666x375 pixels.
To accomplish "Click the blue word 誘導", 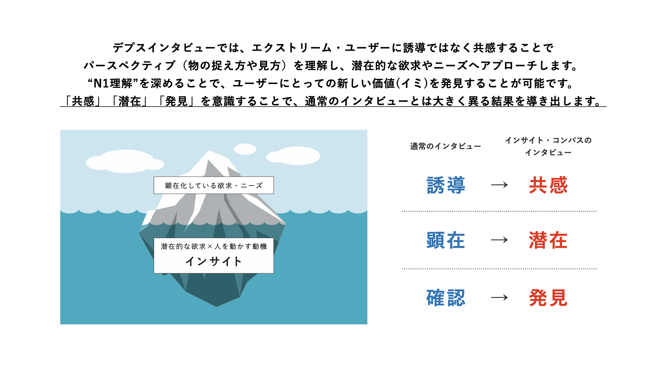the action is click(x=446, y=185).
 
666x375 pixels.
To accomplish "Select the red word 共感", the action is click(x=548, y=185).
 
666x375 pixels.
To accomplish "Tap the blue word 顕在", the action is click(x=446, y=240).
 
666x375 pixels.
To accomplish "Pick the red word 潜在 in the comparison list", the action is click(x=548, y=240).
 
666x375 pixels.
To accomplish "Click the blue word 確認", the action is click(x=446, y=298).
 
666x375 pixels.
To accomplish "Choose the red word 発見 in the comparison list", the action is click(x=548, y=298).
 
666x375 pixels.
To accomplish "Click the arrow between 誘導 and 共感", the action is click(x=499, y=185).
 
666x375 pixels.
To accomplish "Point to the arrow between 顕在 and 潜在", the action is click(x=499, y=240).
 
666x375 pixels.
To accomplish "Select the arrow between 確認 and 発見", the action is click(x=499, y=298).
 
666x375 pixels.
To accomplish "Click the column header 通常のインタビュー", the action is click(x=445, y=147).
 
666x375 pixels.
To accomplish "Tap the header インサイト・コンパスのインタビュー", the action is click(x=548, y=146).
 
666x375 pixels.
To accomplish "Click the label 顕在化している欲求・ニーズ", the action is click(x=214, y=185).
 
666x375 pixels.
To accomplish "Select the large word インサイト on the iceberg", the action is click(x=214, y=261).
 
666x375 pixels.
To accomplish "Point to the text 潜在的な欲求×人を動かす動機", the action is click(x=214, y=246).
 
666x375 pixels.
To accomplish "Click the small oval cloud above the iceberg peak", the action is click(x=245, y=149).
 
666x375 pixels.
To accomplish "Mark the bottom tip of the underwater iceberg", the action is click(x=217, y=307).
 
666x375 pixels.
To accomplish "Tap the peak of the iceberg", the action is click(x=209, y=151).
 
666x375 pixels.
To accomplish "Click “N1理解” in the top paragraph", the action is click(x=113, y=83).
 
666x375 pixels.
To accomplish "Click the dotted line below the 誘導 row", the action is click(x=499, y=211).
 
